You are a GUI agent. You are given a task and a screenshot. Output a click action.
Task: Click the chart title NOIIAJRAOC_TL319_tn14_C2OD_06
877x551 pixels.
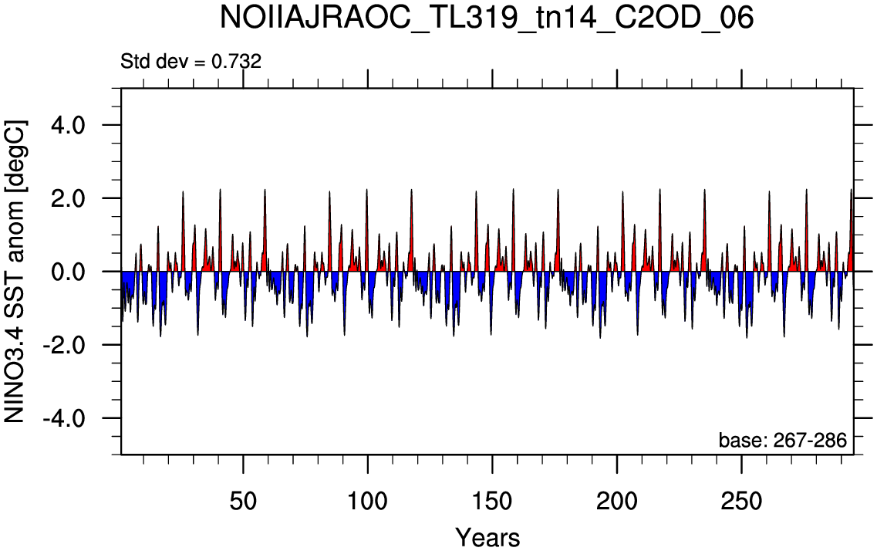(x=487, y=19)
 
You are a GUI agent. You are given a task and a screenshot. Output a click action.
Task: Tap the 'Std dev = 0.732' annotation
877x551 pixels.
(x=191, y=61)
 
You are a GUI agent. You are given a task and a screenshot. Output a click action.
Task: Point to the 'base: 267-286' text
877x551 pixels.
(x=782, y=441)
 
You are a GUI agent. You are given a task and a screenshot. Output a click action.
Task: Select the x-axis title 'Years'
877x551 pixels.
(x=487, y=538)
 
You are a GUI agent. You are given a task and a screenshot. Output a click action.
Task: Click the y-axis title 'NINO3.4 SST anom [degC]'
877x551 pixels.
(x=15, y=272)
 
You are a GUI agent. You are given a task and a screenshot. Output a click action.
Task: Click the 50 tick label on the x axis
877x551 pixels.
(x=243, y=501)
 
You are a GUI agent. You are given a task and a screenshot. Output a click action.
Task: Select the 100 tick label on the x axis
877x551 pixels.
(x=367, y=501)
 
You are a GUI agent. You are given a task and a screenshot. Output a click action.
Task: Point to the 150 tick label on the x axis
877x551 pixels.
(x=491, y=501)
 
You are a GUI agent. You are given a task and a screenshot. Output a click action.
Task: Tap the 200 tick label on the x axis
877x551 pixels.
(x=616, y=501)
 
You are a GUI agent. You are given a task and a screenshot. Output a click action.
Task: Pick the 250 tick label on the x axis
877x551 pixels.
(x=741, y=501)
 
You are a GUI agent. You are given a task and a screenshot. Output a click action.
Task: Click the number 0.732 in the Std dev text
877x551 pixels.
(x=236, y=61)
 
